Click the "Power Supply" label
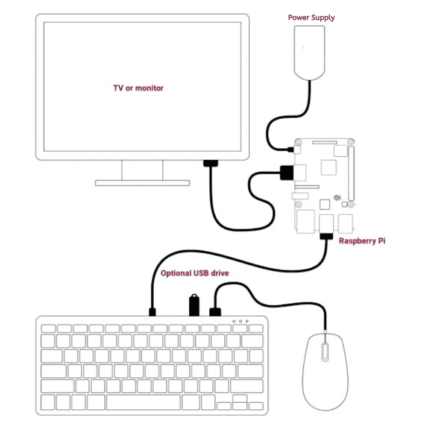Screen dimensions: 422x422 311,17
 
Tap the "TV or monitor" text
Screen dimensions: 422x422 139,88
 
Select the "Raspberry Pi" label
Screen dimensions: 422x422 362,241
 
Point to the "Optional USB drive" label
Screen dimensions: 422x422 195,273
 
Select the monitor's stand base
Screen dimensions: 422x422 143,182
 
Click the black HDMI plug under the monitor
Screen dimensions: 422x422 210,163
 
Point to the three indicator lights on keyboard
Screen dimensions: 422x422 240,322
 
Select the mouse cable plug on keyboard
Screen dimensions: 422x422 215,312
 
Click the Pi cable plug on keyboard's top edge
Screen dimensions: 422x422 153,312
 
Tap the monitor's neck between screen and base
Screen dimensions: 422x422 143,169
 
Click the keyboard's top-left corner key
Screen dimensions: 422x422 48,329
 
